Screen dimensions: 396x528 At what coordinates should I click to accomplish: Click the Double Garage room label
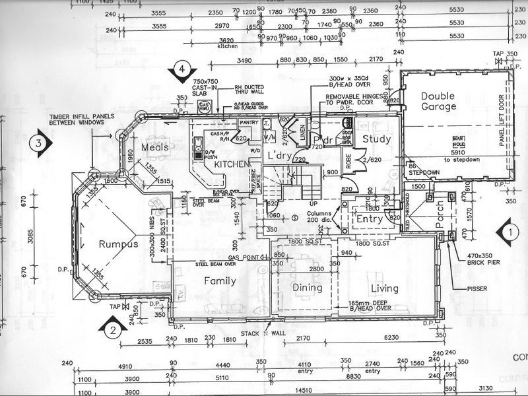pyautogui.click(x=439, y=101)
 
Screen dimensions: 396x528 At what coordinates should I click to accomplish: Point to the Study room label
pyautogui.click(x=377, y=139)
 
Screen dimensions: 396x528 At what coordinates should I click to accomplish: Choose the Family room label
pyautogui.click(x=220, y=281)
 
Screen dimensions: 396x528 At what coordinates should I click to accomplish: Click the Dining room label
pyautogui.click(x=307, y=288)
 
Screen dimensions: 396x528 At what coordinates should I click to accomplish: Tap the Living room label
pyautogui.click(x=384, y=288)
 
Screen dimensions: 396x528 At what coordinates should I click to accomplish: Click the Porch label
pyautogui.click(x=440, y=224)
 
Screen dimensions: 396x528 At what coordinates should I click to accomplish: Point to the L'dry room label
pyautogui.click(x=280, y=154)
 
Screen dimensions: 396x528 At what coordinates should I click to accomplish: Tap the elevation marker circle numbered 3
pyautogui.click(x=40, y=143)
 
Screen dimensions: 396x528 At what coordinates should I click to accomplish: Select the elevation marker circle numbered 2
pyautogui.click(x=113, y=330)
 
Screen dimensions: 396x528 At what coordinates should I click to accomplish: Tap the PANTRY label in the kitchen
pyautogui.click(x=248, y=122)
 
